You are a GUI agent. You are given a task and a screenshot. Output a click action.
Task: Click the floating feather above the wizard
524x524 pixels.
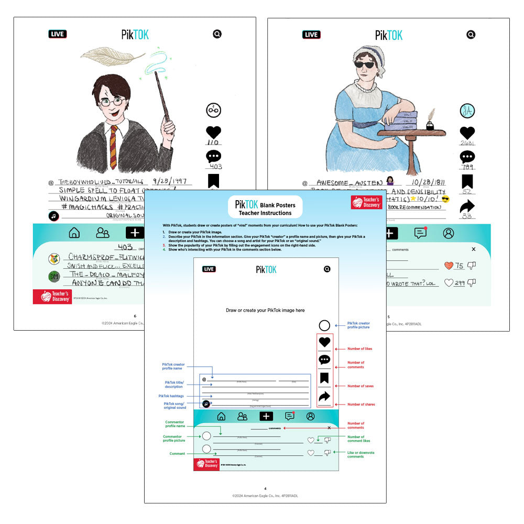[x=112, y=55]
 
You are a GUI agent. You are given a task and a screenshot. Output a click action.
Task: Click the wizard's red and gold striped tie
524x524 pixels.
[x=113, y=147]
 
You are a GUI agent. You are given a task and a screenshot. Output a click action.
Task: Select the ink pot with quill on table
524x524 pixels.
[x=430, y=124]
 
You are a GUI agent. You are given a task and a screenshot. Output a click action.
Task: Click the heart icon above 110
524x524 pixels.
[x=213, y=133]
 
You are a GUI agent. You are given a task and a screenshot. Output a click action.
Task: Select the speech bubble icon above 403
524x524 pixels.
[x=213, y=157]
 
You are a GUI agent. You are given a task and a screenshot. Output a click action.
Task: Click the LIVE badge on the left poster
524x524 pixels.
[x=58, y=34]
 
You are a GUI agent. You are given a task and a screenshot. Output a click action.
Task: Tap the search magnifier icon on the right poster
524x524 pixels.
[x=471, y=35]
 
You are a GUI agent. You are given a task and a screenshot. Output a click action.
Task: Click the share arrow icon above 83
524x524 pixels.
[x=467, y=207]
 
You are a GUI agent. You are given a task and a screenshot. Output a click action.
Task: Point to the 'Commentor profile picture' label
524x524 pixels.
[x=173, y=439]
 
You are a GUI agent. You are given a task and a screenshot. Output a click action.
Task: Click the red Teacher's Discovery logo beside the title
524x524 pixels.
[x=366, y=202]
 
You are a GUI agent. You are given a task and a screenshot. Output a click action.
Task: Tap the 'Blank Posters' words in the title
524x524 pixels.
[x=278, y=205]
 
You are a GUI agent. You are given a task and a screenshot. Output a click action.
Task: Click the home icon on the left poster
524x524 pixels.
[x=74, y=233]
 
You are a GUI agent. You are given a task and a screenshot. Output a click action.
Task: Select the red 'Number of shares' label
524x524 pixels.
[x=361, y=405]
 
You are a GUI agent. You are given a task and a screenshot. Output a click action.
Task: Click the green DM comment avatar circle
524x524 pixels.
[x=54, y=276]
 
